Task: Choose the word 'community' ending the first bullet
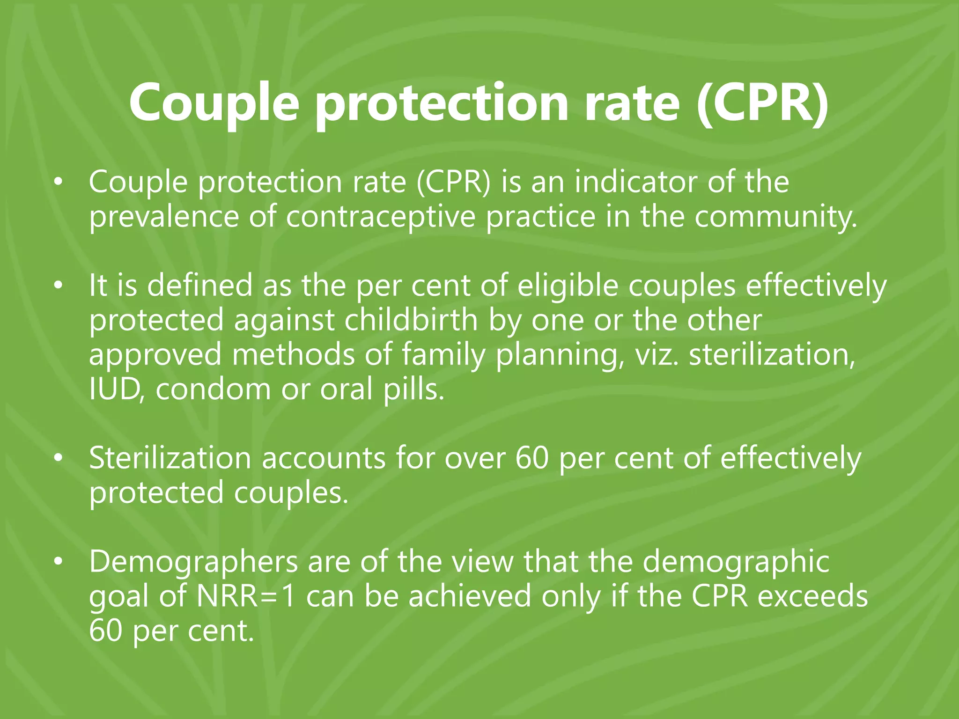(775, 217)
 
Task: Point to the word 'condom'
(213, 389)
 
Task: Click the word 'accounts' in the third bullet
(323, 458)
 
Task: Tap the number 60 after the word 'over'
(531, 458)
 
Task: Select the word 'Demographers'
(193, 562)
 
